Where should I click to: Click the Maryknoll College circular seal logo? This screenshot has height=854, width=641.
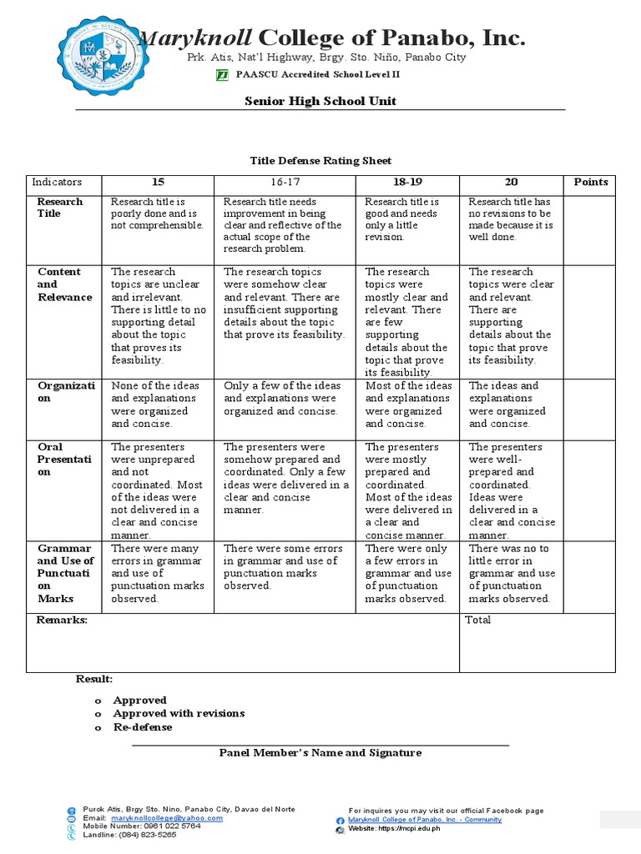click(x=103, y=58)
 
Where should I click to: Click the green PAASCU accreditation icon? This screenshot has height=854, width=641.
click(x=222, y=75)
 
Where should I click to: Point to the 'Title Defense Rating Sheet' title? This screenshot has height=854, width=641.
click(x=321, y=160)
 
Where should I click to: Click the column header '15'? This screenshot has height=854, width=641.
click(x=158, y=182)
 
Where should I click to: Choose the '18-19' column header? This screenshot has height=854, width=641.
click(x=409, y=182)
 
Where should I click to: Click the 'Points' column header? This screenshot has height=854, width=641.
click(x=590, y=182)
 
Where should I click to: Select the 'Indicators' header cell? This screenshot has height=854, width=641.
click(x=57, y=182)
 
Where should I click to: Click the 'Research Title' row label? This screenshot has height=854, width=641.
click(x=60, y=208)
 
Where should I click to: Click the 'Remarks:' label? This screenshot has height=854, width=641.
click(x=62, y=620)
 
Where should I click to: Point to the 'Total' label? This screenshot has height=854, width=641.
click(x=478, y=620)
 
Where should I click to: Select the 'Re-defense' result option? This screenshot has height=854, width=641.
click(x=143, y=727)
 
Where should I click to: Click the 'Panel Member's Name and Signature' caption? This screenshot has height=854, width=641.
click(x=320, y=753)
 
